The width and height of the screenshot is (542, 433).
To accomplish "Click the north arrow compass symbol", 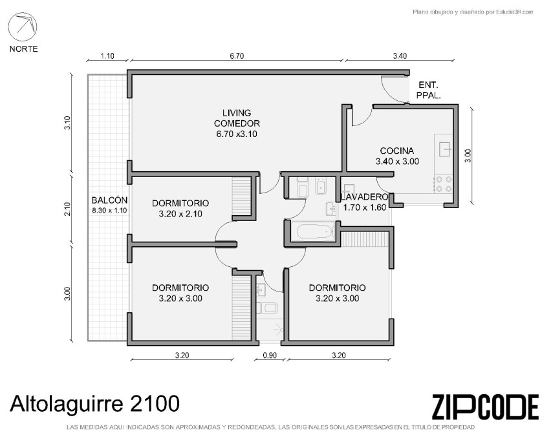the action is click(23, 27).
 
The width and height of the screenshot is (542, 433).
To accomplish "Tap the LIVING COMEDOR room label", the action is click(237, 118).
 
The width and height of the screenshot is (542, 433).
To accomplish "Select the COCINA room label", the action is click(397, 151).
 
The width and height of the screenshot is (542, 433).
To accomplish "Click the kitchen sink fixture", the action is click(445, 149).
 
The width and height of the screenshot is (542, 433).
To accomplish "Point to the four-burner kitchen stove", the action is click(444, 184).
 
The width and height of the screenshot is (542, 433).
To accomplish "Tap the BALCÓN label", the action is click(109, 200).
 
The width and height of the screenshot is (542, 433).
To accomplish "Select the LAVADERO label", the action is click(365, 197).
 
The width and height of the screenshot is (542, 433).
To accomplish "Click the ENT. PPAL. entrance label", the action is click(428, 90).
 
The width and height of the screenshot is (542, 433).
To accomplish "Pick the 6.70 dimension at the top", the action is click(237, 56).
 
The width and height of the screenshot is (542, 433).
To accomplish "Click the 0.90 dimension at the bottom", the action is click(270, 355).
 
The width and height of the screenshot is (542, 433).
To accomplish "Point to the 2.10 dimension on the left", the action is click(67, 209).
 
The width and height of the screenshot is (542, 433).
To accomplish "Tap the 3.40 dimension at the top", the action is click(400, 56).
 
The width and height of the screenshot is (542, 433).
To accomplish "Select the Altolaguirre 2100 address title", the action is click(94, 403).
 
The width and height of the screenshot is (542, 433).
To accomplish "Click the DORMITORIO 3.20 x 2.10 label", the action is click(180, 208).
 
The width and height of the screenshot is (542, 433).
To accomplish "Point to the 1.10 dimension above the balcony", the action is click(107, 56).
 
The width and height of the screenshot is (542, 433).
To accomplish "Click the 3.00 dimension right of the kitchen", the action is click(468, 156).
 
